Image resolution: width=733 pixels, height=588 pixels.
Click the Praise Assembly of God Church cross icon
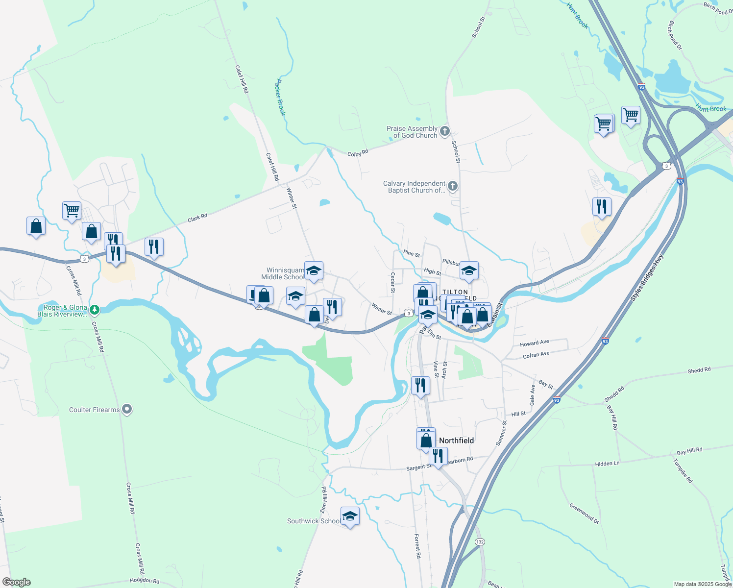[445, 131]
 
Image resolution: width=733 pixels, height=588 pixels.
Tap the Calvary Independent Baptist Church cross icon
[453, 186]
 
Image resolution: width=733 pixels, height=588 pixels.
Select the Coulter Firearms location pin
[127, 409]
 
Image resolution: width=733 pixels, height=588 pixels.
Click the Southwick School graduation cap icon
[350, 516]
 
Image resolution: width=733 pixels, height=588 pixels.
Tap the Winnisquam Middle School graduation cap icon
[314, 271]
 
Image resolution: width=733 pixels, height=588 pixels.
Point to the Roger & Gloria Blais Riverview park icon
[95, 310]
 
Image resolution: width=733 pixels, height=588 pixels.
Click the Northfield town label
[456, 441]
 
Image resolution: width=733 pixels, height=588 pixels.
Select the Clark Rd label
[197, 218]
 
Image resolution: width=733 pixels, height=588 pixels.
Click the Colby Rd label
[358, 153]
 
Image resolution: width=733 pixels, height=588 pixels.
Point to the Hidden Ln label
[607, 464]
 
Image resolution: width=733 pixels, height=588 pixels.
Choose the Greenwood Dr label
[584, 513]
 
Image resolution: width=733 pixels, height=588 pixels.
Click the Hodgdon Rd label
[145, 581]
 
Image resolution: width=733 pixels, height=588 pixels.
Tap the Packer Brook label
[280, 97]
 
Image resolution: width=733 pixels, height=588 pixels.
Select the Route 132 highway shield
[480, 542]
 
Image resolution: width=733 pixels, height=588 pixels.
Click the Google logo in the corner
[17, 582]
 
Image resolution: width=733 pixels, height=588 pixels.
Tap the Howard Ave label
[535, 343]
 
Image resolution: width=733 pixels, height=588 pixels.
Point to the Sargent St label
[419, 467]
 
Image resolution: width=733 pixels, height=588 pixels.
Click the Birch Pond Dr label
[675, 35]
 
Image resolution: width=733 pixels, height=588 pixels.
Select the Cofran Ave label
[536, 355]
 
